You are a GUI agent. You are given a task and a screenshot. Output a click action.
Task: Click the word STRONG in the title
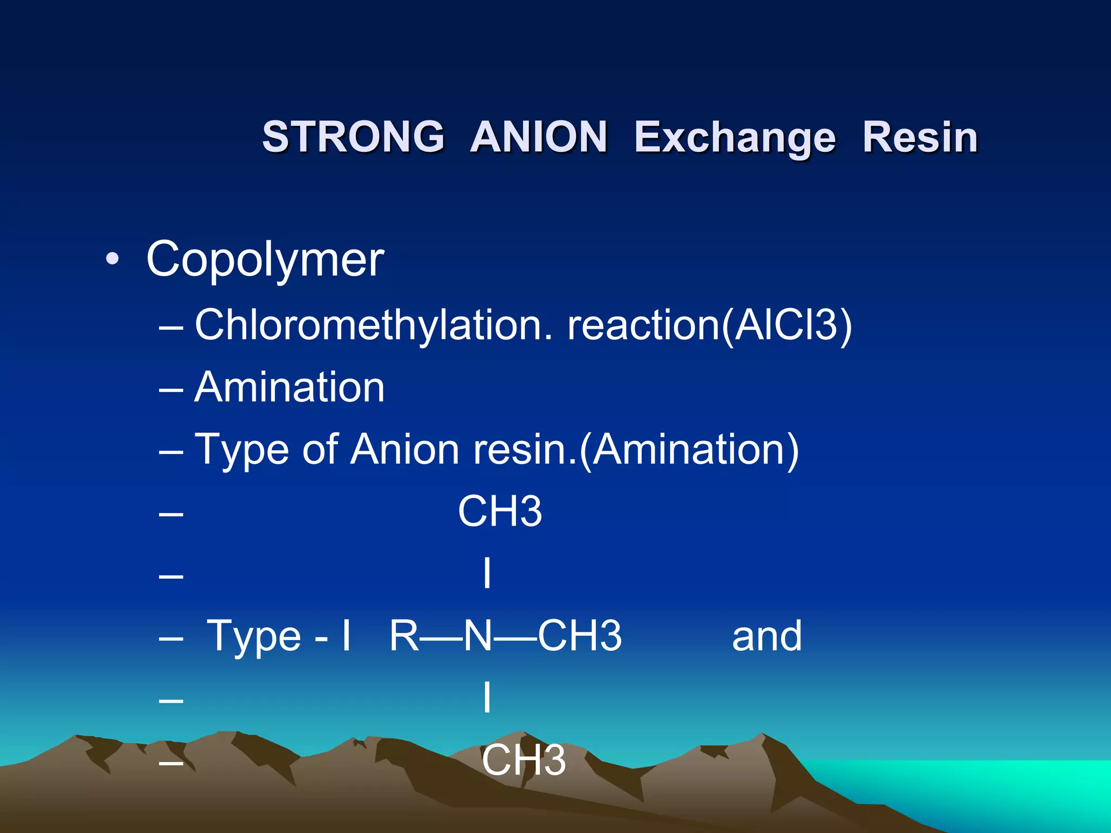[353, 137]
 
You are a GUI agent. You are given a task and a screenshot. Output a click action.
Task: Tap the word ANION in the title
[539, 137]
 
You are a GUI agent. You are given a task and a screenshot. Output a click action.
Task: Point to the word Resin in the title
[920, 137]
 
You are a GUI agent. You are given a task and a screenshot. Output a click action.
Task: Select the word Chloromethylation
[373, 325]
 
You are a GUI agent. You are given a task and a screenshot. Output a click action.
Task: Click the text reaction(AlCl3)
[710, 325]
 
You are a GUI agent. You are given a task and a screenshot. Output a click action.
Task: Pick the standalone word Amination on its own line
[290, 387]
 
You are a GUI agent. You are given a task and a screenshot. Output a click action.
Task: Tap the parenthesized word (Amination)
[689, 450]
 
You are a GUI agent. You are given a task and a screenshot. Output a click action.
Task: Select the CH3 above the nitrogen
[500, 511]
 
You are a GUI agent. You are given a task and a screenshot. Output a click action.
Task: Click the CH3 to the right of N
[579, 636]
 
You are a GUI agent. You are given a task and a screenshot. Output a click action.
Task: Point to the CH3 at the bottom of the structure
[523, 760]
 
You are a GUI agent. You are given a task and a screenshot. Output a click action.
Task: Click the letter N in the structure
[478, 636]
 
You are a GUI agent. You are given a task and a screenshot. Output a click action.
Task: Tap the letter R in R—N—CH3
[404, 636]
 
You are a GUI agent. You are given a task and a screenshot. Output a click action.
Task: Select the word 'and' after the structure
[767, 636]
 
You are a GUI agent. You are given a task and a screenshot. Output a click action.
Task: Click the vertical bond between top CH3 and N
[487, 573]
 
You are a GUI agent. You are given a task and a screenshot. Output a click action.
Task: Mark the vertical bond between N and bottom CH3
[487, 697]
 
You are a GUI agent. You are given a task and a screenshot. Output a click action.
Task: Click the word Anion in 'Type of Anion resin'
[405, 450]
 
